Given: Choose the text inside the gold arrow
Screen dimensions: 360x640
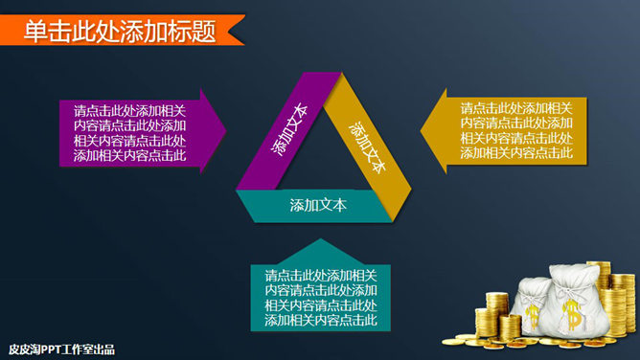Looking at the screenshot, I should [516, 130].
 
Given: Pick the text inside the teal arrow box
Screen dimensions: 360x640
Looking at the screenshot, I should [321, 298].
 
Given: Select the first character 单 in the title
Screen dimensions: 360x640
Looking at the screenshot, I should [35, 31].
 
